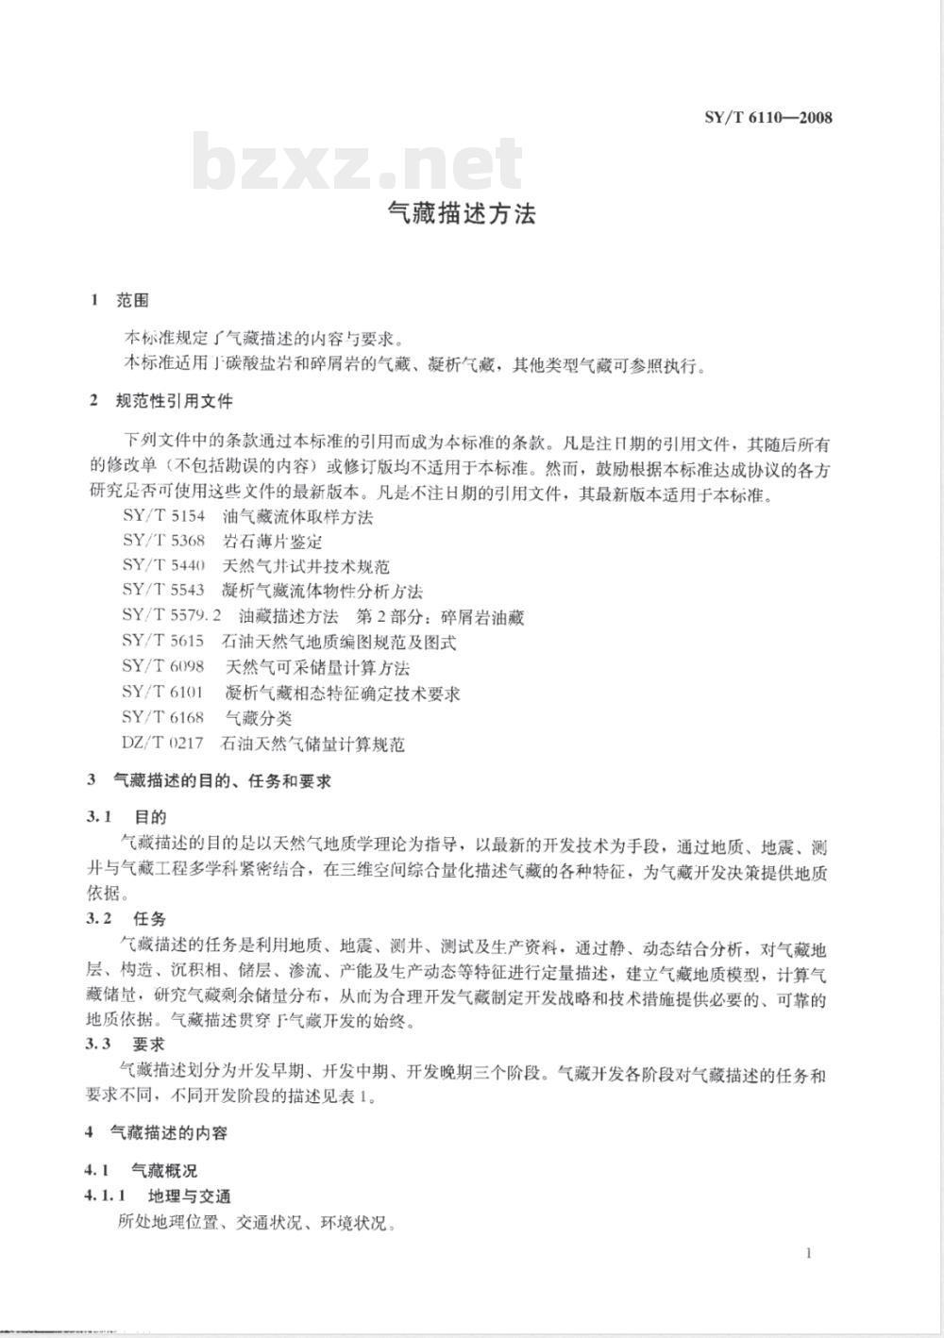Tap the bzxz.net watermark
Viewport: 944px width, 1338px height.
click(x=358, y=163)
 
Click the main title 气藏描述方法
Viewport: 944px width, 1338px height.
click(x=463, y=215)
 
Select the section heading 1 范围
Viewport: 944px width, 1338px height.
click(x=120, y=301)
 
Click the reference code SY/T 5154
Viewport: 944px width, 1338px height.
click(x=163, y=516)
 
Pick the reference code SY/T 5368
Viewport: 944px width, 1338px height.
click(x=163, y=542)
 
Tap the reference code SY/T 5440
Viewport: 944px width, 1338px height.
click(x=163, y=567)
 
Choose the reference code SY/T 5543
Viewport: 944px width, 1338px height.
click(x=163, y=592)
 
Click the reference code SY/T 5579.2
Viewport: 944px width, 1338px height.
click(x=171, y=617)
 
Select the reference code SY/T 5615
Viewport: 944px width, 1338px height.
click(x=163, y=643)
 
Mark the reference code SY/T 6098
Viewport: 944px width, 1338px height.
click(x=163, y=668)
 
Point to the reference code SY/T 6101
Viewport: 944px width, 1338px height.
click(x=163, y=694)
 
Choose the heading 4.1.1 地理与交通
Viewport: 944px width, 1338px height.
click(x=158, y=1196)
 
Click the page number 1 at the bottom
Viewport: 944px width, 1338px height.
click(x=809, y=1253)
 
